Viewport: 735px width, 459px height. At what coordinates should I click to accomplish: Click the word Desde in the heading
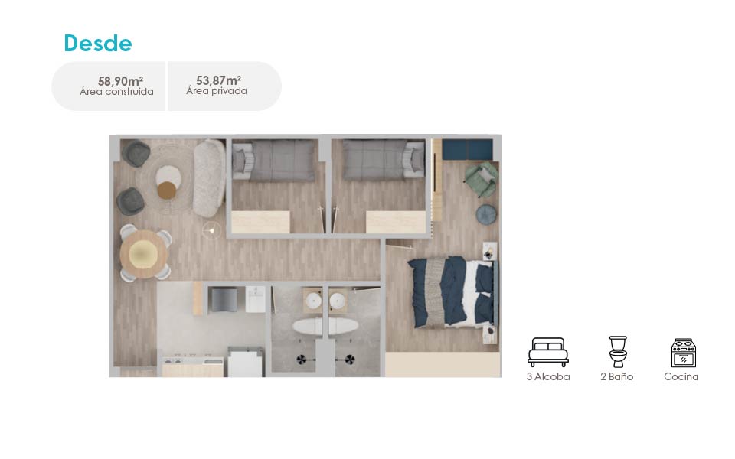pos(98,43)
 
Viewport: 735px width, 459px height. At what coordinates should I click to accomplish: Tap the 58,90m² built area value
pos(120,80)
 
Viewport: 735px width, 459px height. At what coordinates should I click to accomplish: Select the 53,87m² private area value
pos(218,80)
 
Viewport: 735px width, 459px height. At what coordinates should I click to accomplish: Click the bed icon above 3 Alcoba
pos(548,352)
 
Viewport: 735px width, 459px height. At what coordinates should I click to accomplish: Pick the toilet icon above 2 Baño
pos(617,352)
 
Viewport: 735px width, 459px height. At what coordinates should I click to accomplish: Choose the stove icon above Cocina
pos(684,353)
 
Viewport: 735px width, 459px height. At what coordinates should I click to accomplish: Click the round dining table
pos(144,254)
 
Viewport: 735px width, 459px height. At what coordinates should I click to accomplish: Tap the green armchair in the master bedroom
pos(481,179)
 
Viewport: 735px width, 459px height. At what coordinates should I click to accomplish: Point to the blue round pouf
pos(486,215)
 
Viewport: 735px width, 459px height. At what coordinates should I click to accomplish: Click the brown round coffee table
pos(166,190)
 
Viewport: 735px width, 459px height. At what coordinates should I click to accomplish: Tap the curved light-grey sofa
pos(209,178)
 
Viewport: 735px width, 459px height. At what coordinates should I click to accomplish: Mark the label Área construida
pos(116,92)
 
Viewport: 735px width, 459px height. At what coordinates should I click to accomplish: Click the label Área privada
pos(217,91)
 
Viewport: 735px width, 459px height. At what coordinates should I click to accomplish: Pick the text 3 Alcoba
pos(548,376)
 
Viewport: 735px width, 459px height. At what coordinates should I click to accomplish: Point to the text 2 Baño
pos(617,376)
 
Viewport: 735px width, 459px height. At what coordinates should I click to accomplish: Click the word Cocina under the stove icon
pos(681,376)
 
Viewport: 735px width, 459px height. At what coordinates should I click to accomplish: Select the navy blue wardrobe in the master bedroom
pos(467,149)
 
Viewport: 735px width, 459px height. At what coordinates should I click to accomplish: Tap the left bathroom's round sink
pos(313,301)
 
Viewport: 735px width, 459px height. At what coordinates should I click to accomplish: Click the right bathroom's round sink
pos(338,301)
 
